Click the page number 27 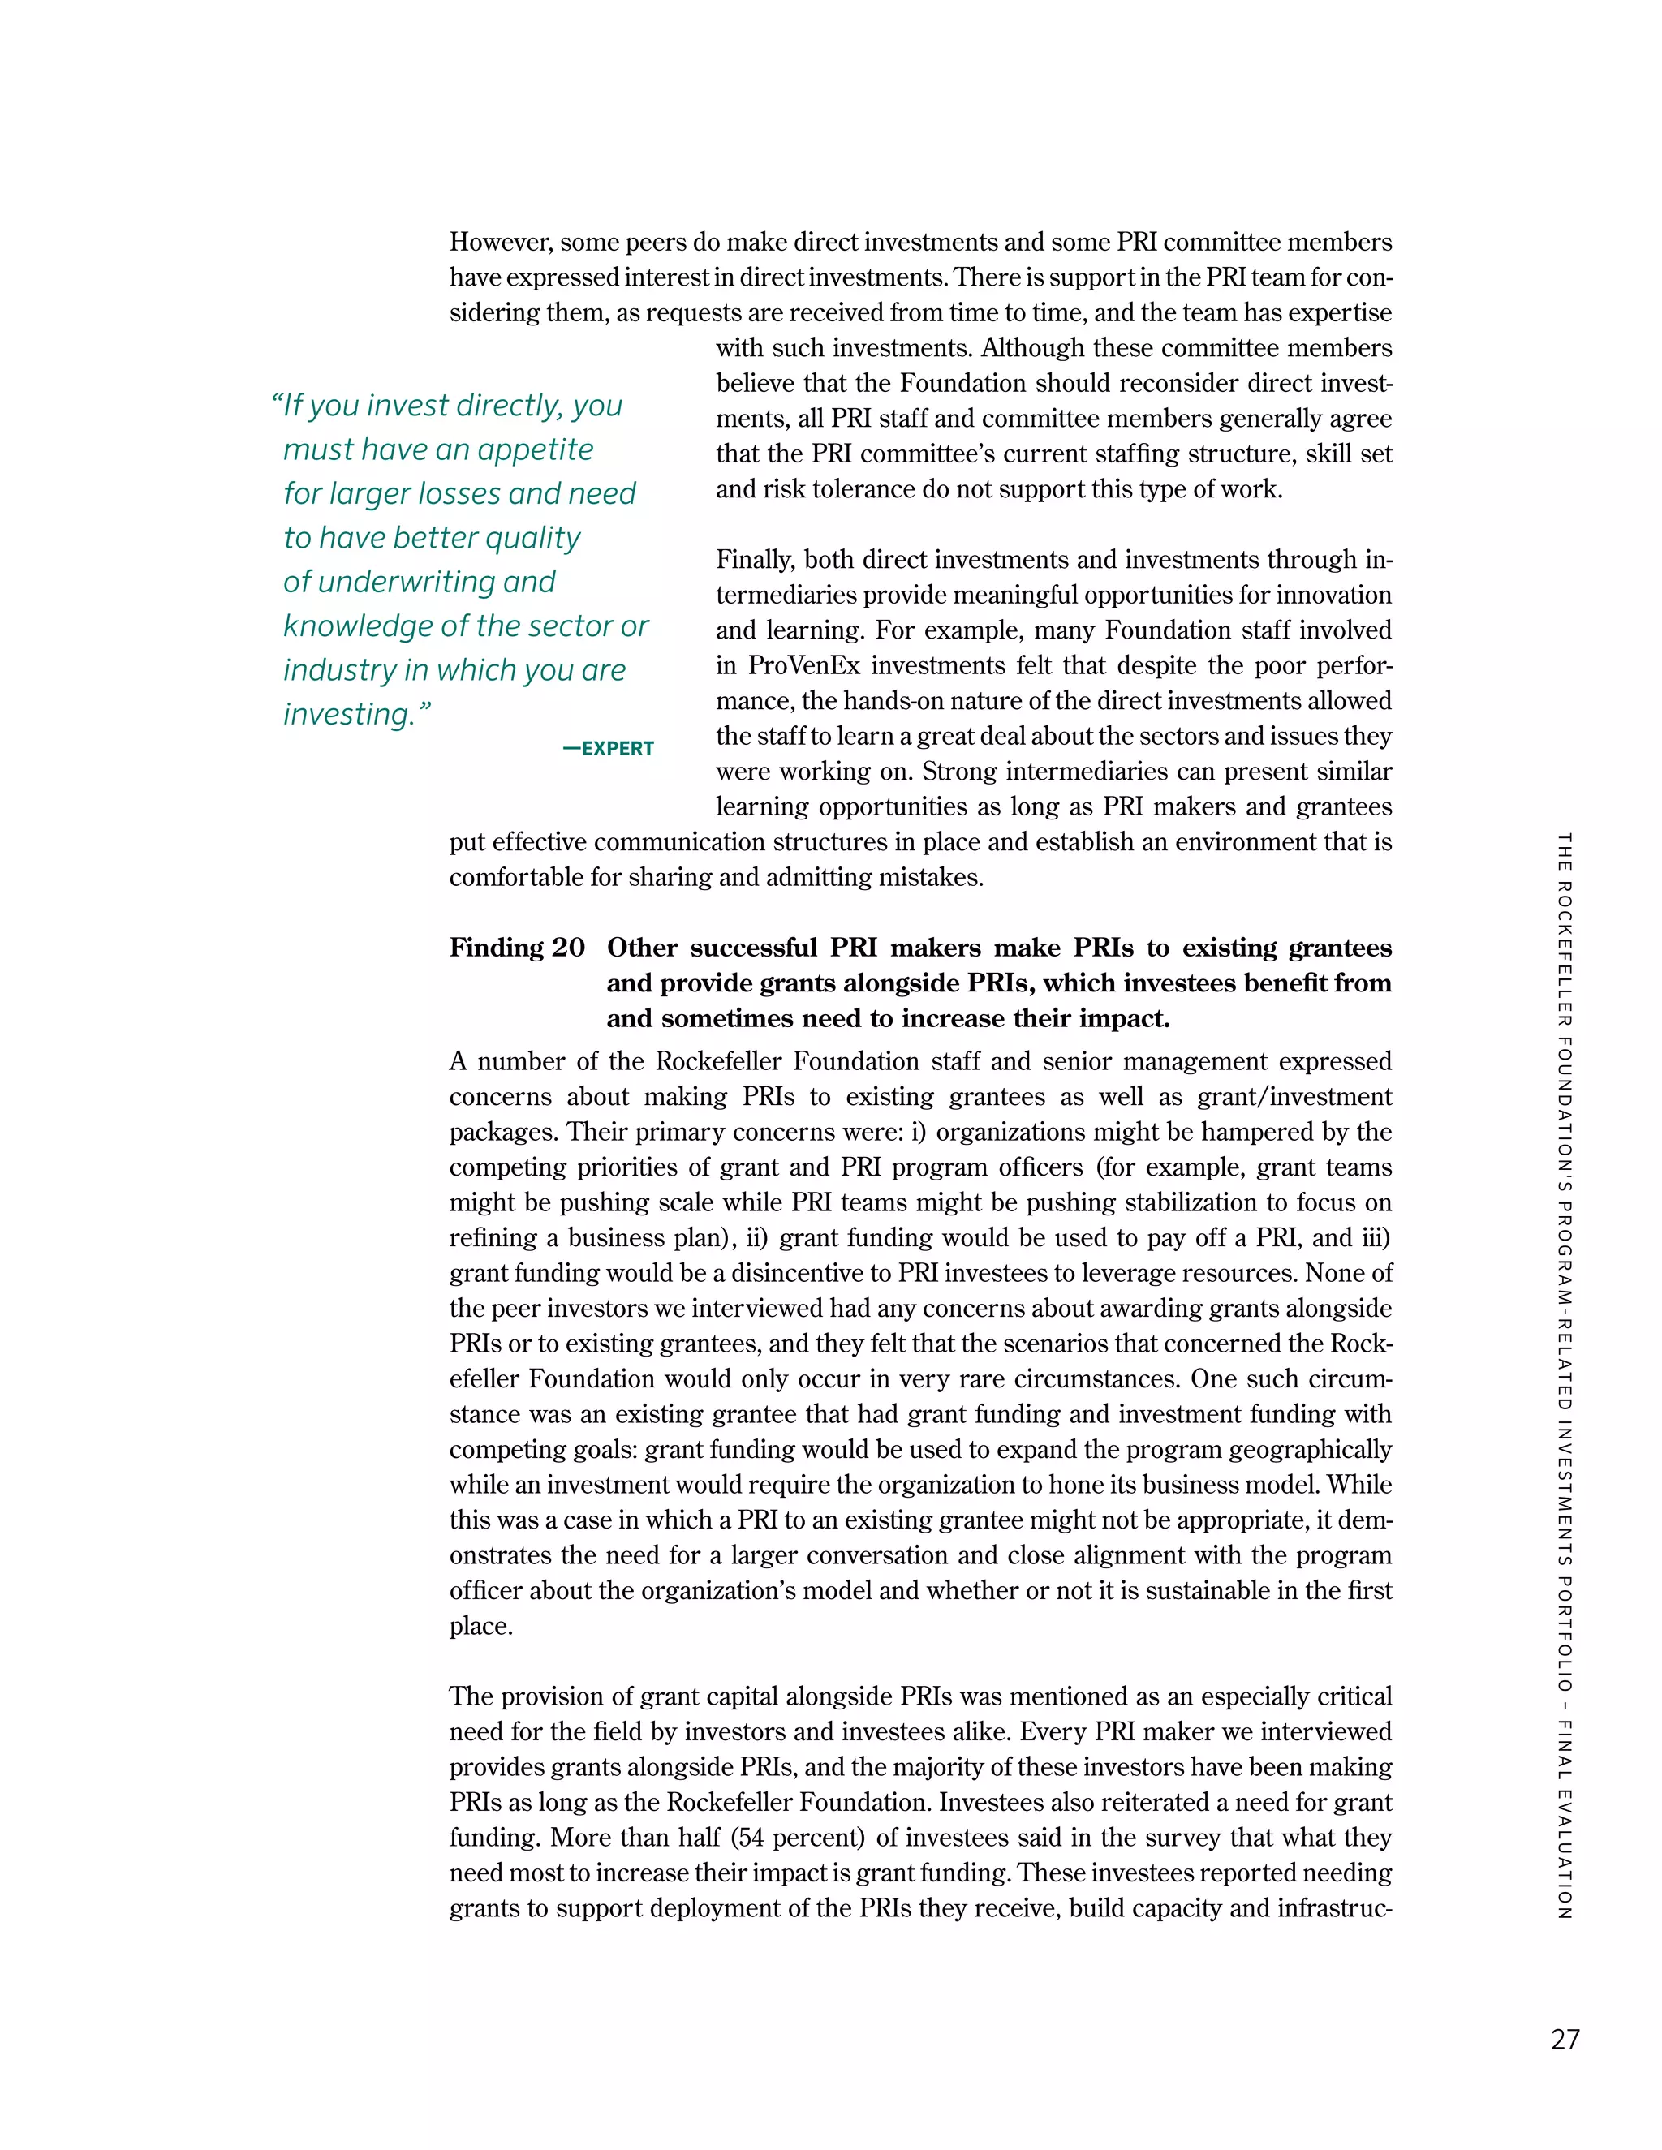1565,2039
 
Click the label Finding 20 517,947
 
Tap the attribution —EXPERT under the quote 608,748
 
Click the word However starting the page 500,242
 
